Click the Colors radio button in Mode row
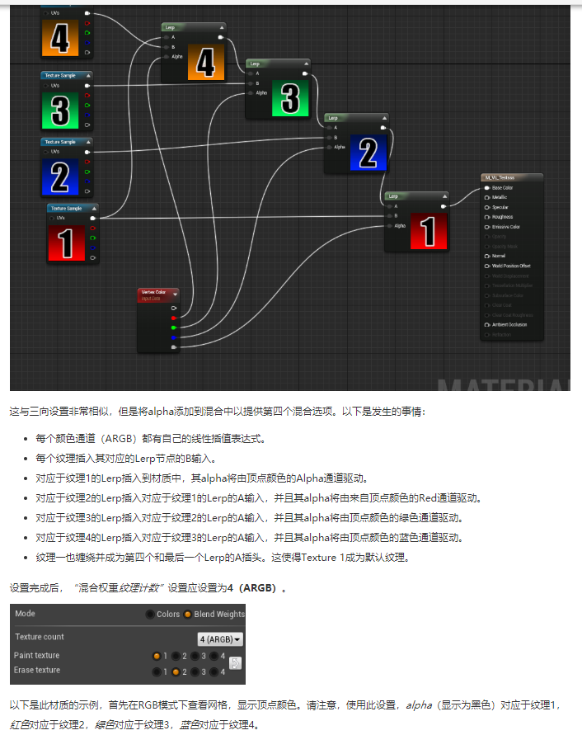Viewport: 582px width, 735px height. (x=149, y=614)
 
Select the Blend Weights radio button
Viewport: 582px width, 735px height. (x=188, y=614)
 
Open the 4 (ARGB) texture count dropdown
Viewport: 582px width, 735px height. (x=220, y=638)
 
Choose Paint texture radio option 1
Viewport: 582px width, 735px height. (x=157, y=656)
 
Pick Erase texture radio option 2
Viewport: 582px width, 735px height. (x=176, y=671)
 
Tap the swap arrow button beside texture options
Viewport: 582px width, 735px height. (x=234, y=663)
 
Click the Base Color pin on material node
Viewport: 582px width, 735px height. (x=487, y=187)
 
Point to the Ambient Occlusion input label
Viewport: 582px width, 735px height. (x=509, y=324)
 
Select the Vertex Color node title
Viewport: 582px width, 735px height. (x=153, y=292)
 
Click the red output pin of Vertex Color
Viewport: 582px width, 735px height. (x=173, y=318)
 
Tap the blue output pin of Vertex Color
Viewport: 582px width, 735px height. (x=173, y=337)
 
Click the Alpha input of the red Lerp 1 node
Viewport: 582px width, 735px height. (x=399, y=225)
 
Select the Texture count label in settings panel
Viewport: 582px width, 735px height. (x=40, y=638)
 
